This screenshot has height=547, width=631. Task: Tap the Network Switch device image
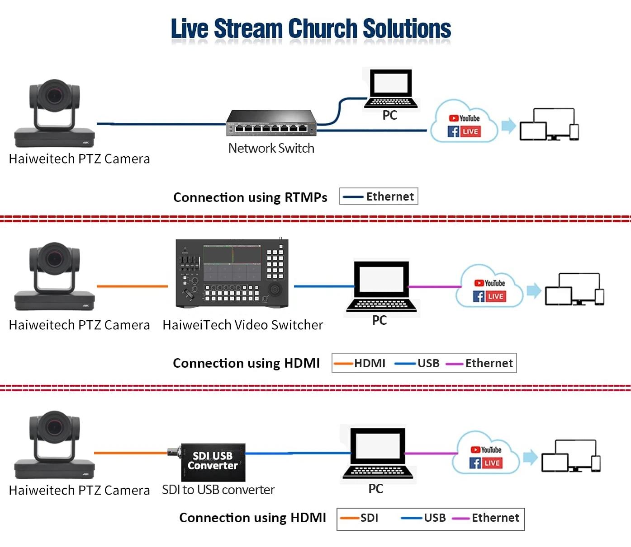point(271,123)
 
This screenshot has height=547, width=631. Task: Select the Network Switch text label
point(271,148)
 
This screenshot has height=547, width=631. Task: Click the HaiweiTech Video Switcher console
point(232,274)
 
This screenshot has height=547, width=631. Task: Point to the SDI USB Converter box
point(213,462)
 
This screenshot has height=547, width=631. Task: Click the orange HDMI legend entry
point(361,363)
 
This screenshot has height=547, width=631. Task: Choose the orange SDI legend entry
point(360,518)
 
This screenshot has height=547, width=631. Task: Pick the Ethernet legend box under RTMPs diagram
point(379,196)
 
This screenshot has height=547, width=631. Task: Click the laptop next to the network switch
point(391,89)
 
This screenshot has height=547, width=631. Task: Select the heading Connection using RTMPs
point(250,197)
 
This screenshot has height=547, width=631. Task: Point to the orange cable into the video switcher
point(132,286)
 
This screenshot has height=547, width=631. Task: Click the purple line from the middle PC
point(435,286)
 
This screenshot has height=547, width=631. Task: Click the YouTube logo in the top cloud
point(465,118)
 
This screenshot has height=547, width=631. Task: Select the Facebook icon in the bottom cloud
point(475,463)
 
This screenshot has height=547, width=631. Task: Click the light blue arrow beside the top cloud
point(509,126)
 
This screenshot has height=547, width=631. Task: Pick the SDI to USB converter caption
point(218,490)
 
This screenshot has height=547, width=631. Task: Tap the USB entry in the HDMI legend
point(418,363)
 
